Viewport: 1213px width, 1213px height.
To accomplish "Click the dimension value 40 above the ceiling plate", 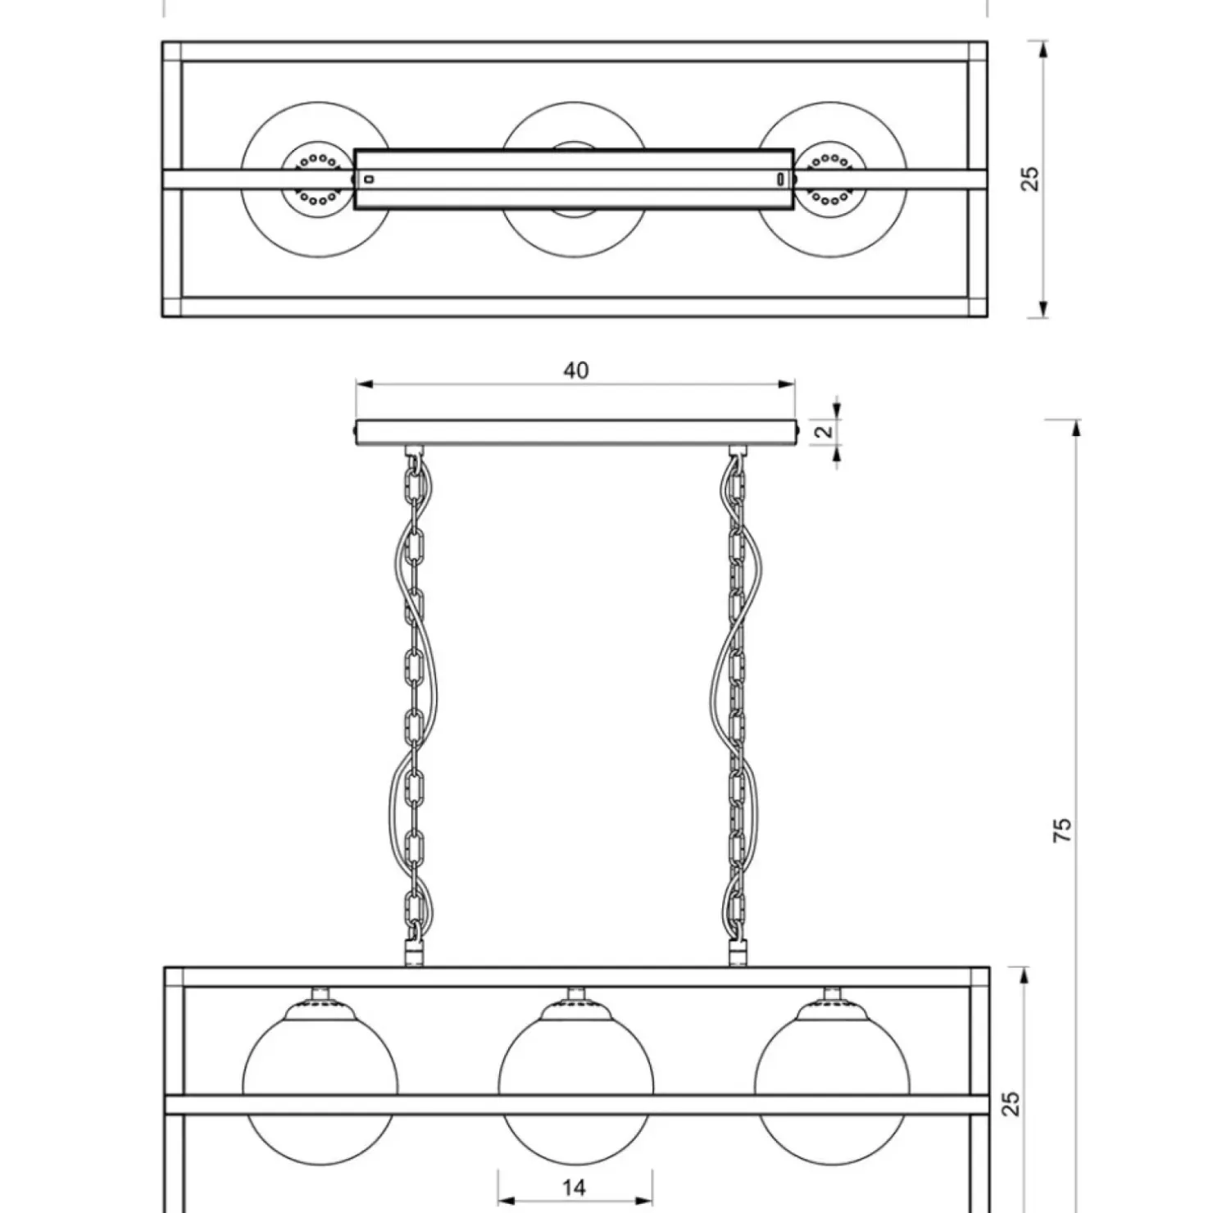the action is (575, 370).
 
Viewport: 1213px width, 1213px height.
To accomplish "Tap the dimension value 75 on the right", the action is (1061, 830).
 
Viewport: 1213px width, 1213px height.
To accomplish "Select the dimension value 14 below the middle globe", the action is (575, 1187).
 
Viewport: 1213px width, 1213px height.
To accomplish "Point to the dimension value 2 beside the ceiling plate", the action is (825, 429).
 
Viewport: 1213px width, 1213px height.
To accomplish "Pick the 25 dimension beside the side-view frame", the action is (1012, 1102).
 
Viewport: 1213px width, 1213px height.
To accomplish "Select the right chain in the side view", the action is (737, 705).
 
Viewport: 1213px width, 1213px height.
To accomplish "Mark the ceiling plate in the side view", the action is (575, 433).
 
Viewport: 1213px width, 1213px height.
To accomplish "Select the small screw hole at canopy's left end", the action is (369, 179).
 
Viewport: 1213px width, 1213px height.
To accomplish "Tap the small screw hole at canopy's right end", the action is (781, 179).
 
